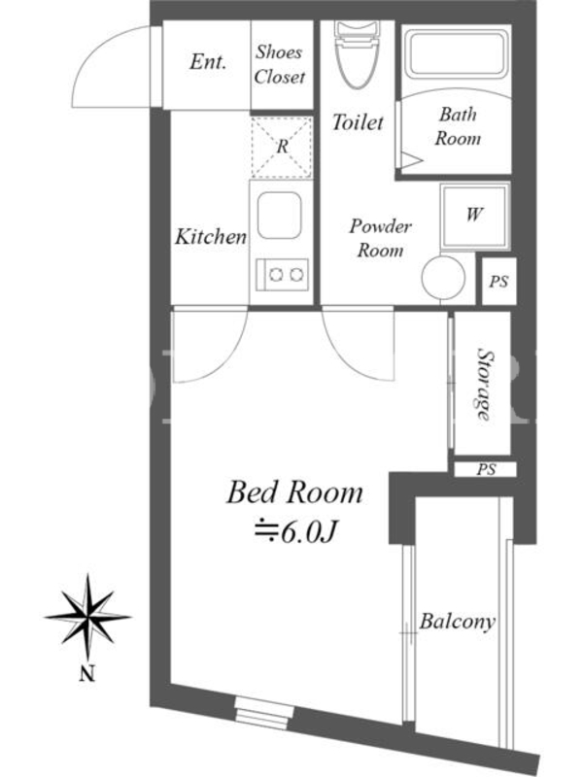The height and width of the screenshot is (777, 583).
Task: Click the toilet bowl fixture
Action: coord(357,54)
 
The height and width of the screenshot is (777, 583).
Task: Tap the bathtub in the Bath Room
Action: coord(457,52)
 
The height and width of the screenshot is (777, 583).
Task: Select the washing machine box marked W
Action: coord(475,216)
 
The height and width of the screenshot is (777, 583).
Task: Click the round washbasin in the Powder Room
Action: coord(443,277)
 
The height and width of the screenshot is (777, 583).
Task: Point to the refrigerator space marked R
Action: coord(282,147)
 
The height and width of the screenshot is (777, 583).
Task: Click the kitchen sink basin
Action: coord(279,216)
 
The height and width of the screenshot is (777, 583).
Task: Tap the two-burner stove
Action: coord(282,275)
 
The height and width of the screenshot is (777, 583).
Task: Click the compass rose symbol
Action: coord(87,617)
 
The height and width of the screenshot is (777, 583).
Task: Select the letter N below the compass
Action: coord(87,673)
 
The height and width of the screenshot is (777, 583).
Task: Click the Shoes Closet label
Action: coord(279,64)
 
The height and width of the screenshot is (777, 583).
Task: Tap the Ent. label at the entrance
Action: coord(208,62)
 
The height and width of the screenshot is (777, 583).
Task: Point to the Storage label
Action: coord(485,384)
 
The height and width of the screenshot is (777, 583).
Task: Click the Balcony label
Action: coord(457,622)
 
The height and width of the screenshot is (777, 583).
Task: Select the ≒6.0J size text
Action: coord(295,531)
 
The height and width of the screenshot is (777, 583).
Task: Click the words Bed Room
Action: coord(294,492)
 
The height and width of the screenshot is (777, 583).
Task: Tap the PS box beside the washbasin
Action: coord(498,281)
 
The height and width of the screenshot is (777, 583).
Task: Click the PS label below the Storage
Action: coord(486,469)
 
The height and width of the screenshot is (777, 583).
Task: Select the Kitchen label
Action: coord(210,236)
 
